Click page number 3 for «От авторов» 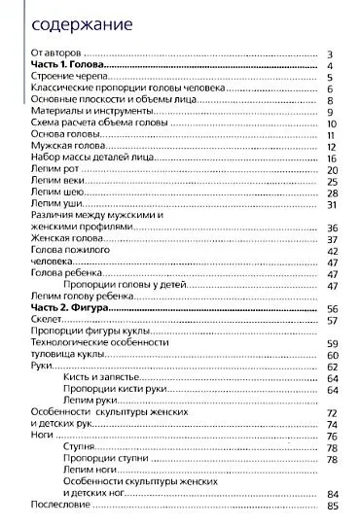click(332, 54)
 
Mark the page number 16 click(331, 158)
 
